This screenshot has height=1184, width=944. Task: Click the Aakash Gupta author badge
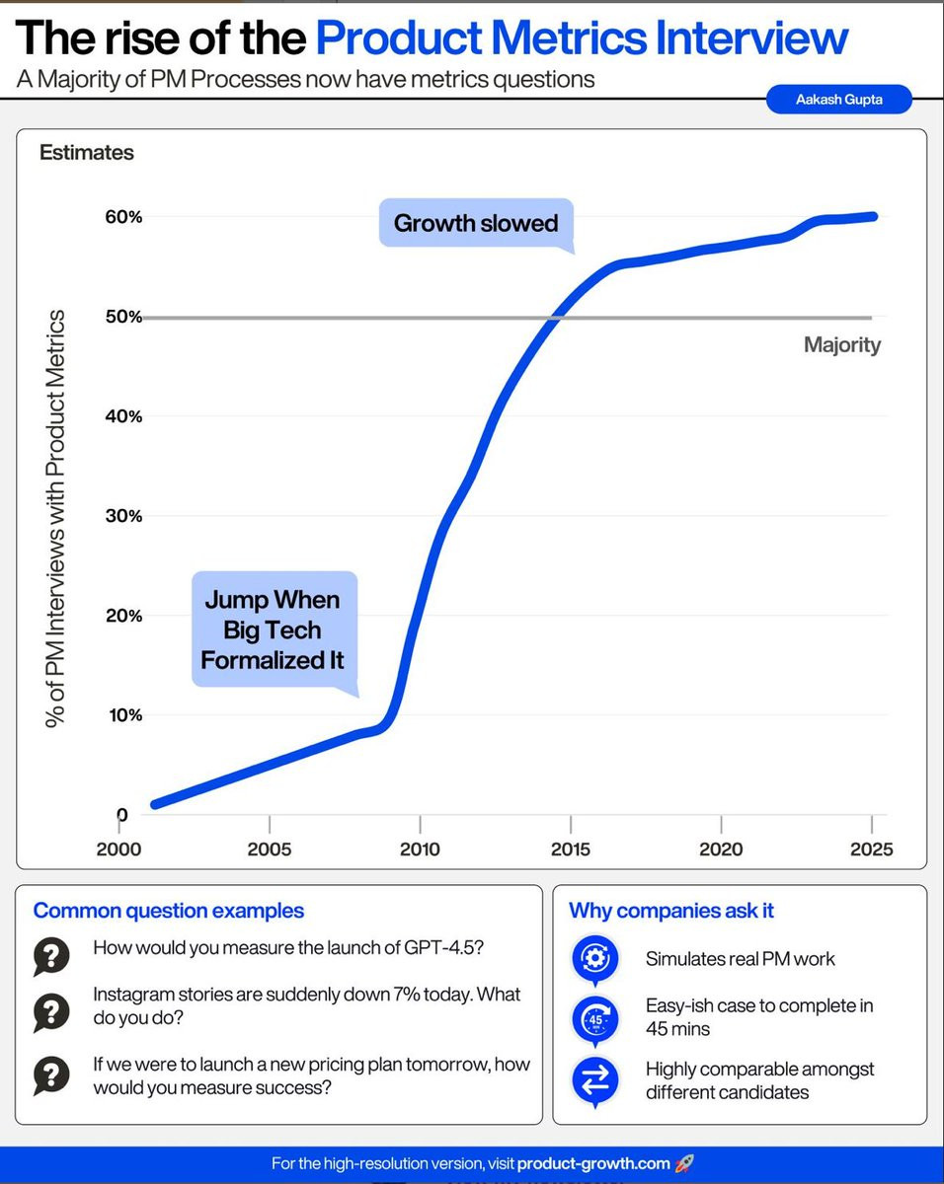pyautogui.click(x=838, y=99)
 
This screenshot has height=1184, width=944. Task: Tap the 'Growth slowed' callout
pyautogui.click(x=476, y=223)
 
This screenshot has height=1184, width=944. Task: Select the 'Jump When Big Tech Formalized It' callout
pyautogui.click(x=272, y=629)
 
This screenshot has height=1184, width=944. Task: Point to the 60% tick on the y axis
pyautogui.click(x=124, y=217)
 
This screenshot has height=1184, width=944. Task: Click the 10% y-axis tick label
pyautogui.click(x=124, y=715)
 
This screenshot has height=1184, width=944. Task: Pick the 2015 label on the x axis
pyautogui.click(x=571, y=850)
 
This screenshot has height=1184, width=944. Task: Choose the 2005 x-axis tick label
pyautogui.click(x=270, y=850)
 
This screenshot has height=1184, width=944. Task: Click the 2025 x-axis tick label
pyautogui.click(x=871, y=850)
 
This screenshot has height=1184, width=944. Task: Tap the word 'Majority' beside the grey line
pyautogui.click(x=841, y=345)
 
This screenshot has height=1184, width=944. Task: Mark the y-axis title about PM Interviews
pyautogui.click(x=56, y=519)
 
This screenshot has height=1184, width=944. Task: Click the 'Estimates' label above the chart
pyautogui.click(x=87, y=153)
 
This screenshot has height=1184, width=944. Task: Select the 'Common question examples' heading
pyautogui.click(x=169, y=911)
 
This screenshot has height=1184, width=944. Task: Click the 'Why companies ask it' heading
pyautogui.click(x=671, y=911)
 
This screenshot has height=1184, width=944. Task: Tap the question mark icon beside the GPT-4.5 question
pyautogui.click(x=50, y=955)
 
